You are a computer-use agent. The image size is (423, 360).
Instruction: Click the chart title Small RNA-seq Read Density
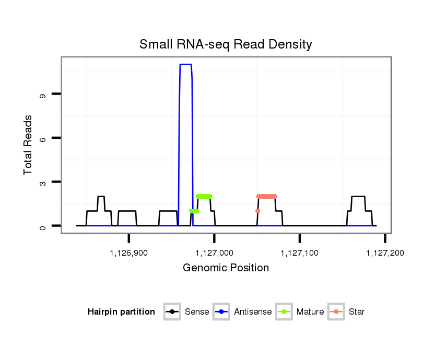[226, 44]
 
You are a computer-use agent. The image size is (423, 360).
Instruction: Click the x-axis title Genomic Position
[226, 268]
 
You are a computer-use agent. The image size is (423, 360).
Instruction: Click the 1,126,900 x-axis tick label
[128, 253]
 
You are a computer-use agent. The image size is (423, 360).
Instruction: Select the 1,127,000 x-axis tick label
[214, 253]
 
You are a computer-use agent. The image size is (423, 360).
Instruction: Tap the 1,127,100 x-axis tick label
[299, 253]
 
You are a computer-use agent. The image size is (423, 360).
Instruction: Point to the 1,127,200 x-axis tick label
[385, 253]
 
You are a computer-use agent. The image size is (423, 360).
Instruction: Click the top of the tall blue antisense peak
[186, 65]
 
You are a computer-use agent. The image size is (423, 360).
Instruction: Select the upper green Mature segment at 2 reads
[204, 196]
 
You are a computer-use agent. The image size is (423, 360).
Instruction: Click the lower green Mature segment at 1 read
[194, 211]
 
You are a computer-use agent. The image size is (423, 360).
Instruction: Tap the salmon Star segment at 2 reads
[267, 196]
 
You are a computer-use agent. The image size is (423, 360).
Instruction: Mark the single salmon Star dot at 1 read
[257, 211]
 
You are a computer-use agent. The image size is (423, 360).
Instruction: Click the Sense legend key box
[171, 312]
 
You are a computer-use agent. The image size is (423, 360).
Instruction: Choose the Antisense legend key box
[221, 312]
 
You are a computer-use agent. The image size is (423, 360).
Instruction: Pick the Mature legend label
[310, 312]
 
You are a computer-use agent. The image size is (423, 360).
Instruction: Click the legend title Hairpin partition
[121, 312]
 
